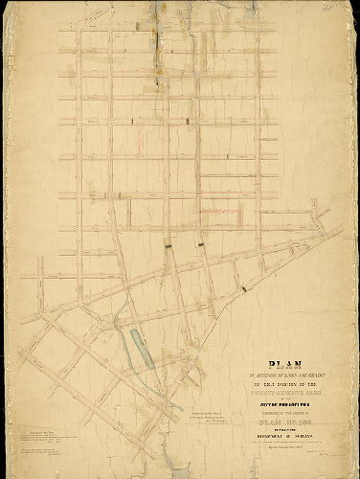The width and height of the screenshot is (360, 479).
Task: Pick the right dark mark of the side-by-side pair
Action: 201,246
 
